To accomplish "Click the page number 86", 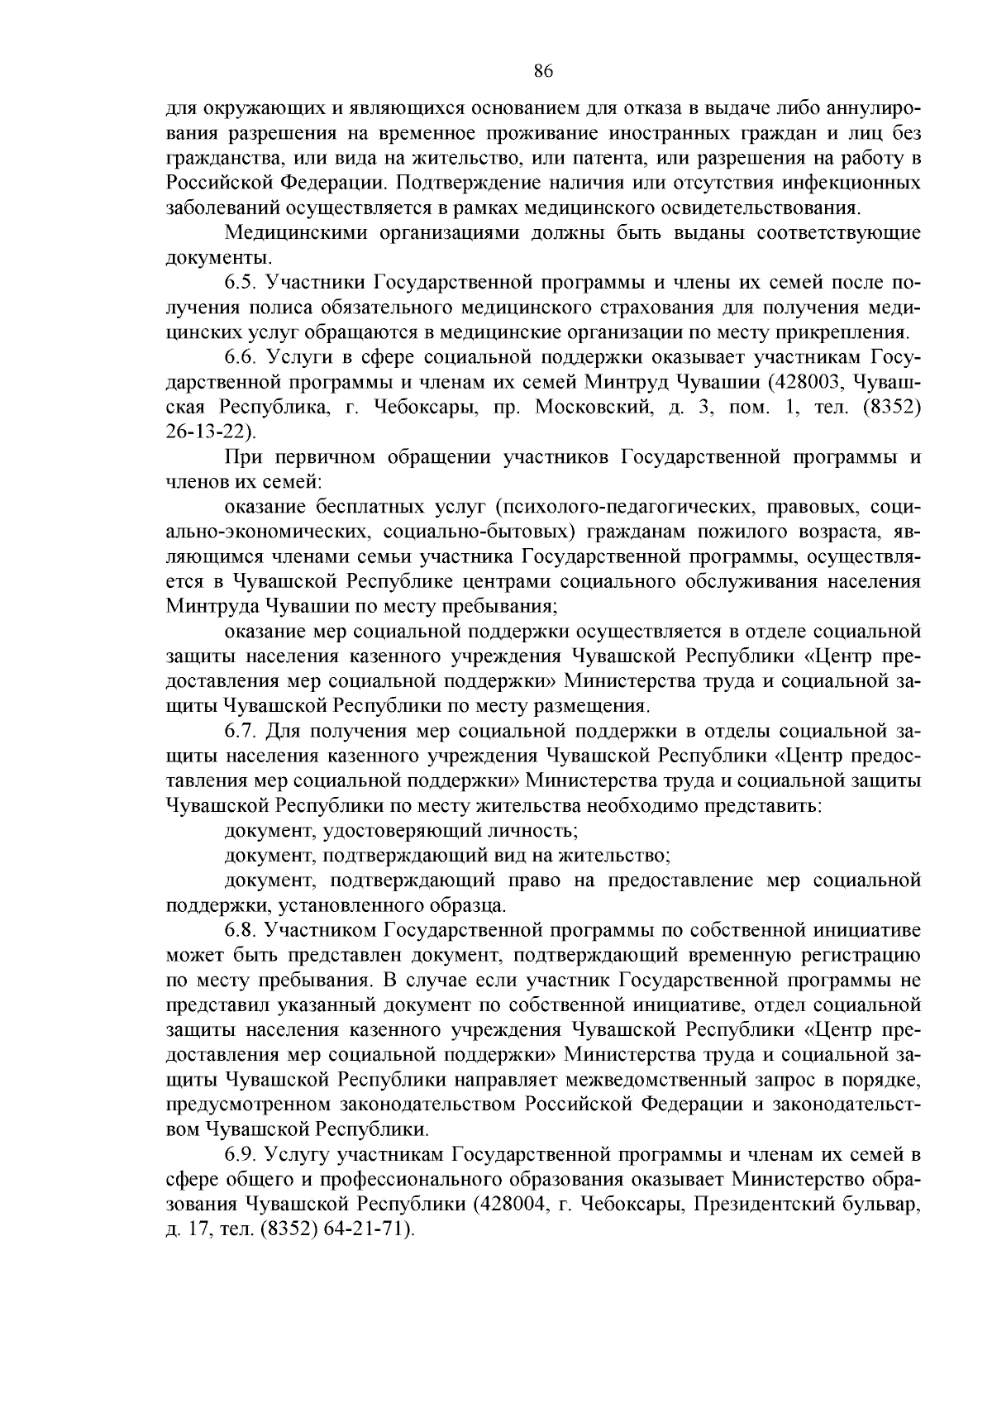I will click(x=542, y=71).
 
